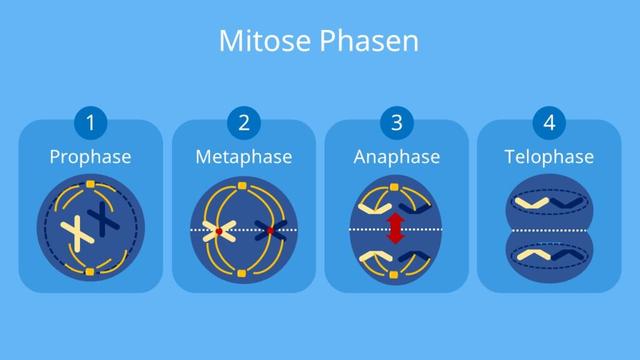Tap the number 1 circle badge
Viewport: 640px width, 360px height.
click(x=91, y=124)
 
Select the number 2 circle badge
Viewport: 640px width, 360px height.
click(x=244, y=124)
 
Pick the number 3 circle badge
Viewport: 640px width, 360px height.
click(x=396, y=124)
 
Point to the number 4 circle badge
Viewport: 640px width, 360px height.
click(x=549, y=124)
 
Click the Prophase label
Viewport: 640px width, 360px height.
click(x=91, y=157)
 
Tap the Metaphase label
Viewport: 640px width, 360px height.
click(x=244, y=157)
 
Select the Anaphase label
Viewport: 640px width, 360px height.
click(x=396, y=157)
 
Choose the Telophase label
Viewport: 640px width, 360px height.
click(x=549, y=157)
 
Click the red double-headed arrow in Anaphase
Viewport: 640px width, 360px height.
click(x=396, y=230)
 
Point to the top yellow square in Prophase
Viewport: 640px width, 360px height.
click(x=90, y=186)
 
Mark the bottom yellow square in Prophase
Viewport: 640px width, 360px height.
click(x=90, y=270)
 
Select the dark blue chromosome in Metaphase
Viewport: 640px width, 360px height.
click(x=269, y=230)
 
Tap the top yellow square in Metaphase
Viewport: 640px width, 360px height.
click(x=243, y=186)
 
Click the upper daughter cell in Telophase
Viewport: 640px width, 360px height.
click(x=548, y=203)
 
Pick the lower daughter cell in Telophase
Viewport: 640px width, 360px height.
click(x=548, y=257)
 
